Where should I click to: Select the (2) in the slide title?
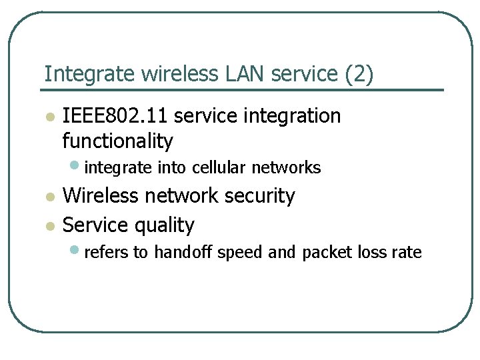pyautogui.click(x=359, y=74)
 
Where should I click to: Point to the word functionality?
pyautogui.click(x=117, y=141)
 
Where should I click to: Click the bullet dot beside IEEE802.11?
pyautogui.click(x=48, y=118)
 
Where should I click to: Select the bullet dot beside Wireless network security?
pyautogui.click(x=48, y=197)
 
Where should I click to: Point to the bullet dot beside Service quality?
pyautogui.click(x=48, y=227)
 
